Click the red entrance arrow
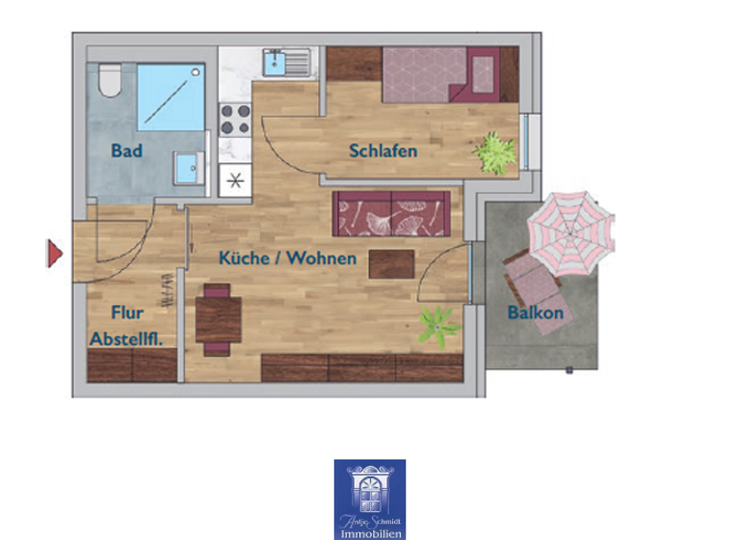[x=55, y=254]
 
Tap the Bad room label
[x=126, y=150]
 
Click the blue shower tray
[x=171, y=96]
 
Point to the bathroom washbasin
[x=189, y=167]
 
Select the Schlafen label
[x=383, y=151]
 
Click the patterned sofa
[x=391, y=213]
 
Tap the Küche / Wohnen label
[x=287, y=258]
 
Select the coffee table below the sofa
[x=391, y=263]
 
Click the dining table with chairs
[x=218, y=314]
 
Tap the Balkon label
[x=534, y=312]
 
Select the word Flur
[x=127, y=312]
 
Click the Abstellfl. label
[x=125, y=338]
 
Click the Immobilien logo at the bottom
[x=370, y=499]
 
